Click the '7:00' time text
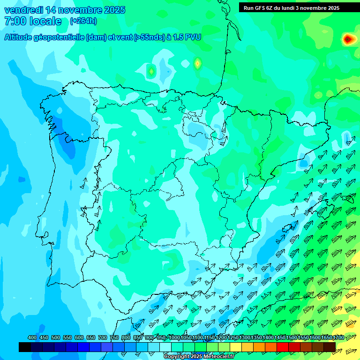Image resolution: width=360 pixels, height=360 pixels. coord(14,21)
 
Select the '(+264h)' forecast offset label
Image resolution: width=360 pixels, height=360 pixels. coord(83,21)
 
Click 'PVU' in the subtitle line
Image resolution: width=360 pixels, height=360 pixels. coord(193,37)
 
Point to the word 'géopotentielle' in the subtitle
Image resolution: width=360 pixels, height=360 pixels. coord(59,37)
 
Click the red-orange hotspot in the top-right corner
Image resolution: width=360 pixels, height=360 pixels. coord(347,39)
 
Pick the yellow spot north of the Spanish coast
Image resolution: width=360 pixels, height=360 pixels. coord(198,63)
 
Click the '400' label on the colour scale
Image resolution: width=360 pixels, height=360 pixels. coord(32,338)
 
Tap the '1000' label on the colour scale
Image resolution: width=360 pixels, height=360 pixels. coord(174,338)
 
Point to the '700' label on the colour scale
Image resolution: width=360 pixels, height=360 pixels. coord(103,338)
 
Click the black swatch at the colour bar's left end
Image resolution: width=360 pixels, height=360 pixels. coord(25,347)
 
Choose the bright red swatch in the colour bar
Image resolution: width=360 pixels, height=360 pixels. coord(283,347)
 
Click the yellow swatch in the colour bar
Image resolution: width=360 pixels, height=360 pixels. coord(236,347)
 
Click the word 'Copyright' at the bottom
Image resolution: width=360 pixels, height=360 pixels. coord(177,357)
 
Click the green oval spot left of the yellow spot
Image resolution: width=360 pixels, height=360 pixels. coord(151,71)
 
